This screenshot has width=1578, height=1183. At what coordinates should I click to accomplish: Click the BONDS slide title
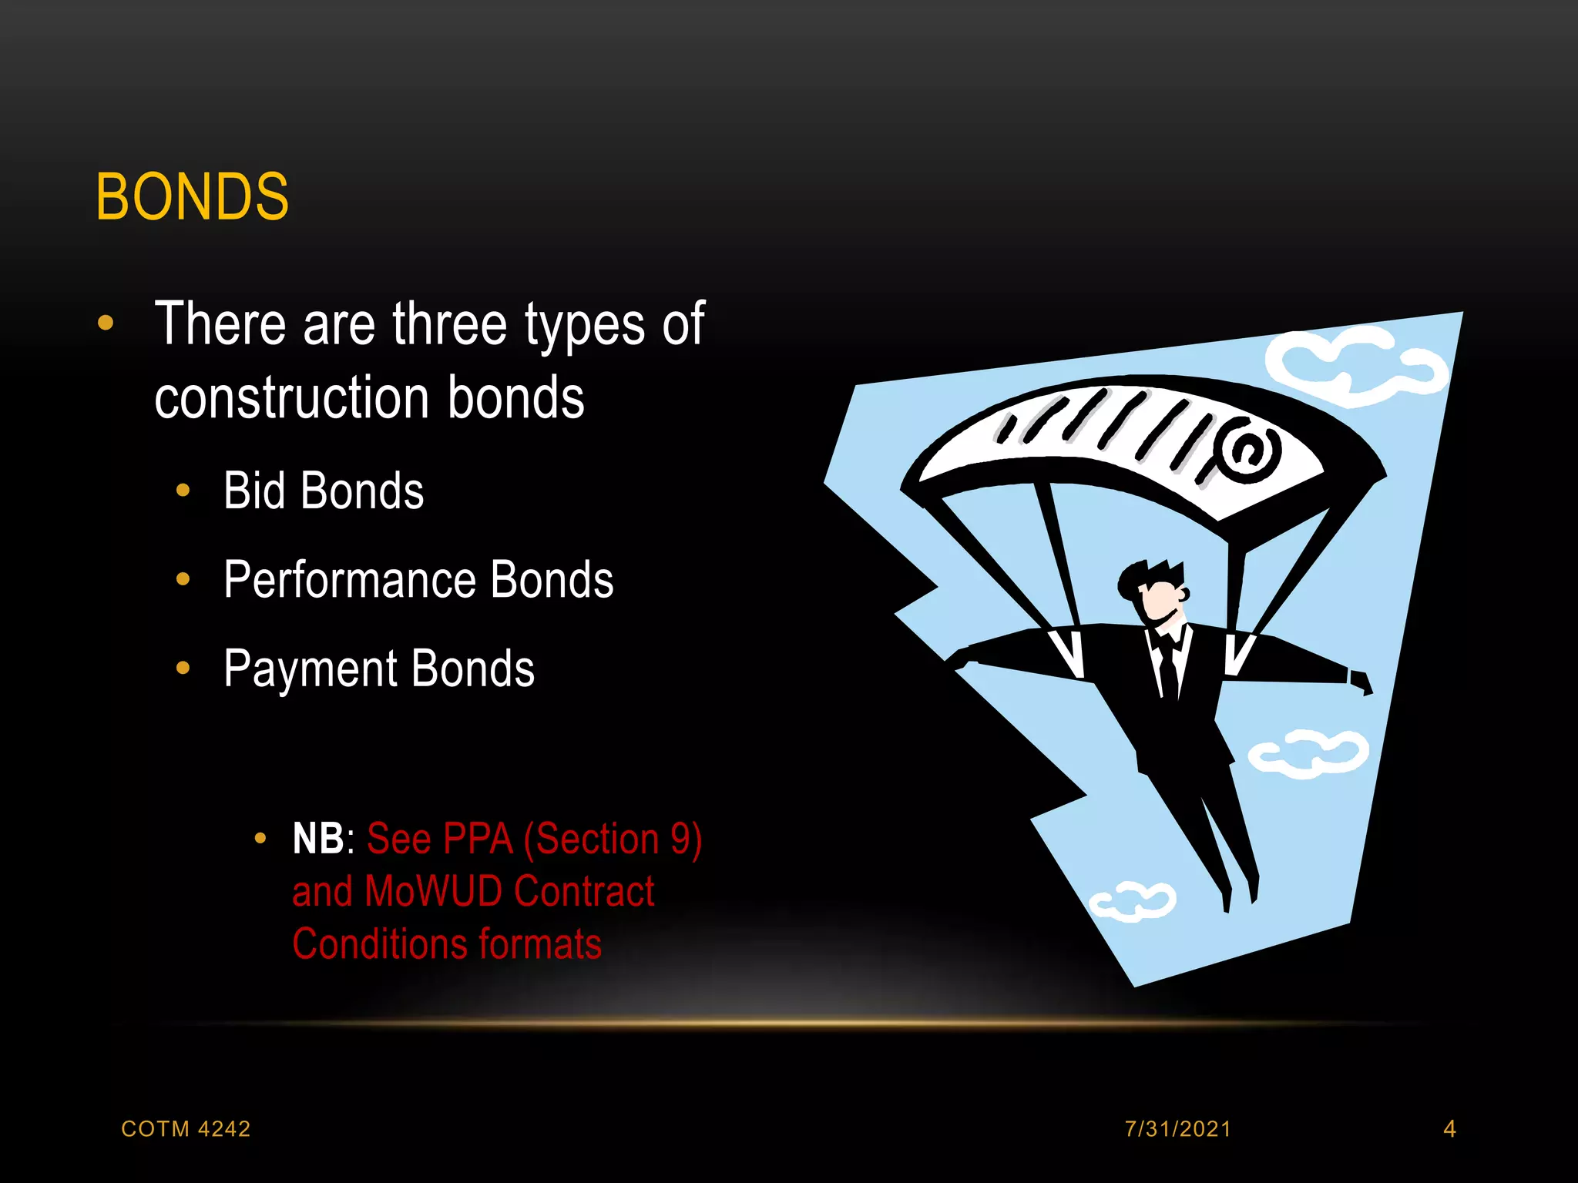(192, 197)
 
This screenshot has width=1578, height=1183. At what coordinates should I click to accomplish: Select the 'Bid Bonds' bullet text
(324, 491)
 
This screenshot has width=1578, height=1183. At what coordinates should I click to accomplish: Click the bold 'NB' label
(317, 839)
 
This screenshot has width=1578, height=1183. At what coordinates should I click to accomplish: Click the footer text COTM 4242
(186, 1128)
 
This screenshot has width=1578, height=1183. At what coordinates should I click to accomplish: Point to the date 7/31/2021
(1177, 1128)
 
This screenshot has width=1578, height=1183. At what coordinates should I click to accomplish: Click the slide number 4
(1449, 1128)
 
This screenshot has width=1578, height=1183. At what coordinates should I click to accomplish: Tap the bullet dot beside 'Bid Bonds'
(183, 491)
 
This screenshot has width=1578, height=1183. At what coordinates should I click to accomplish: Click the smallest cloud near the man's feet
(1133, 900)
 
